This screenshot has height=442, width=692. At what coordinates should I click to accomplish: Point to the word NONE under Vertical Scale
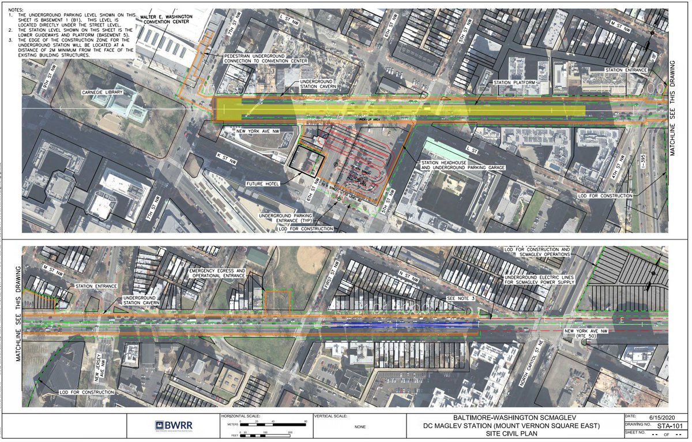(x=360, y=426)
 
